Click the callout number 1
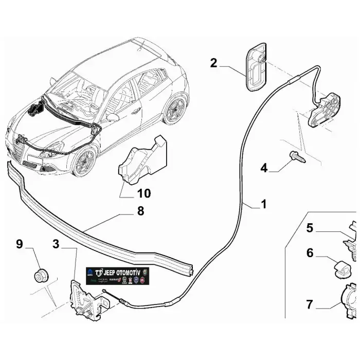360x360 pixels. [x=263, y=204]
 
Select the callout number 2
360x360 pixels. [x=214, y=63]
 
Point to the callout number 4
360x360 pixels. [x=264, y=168]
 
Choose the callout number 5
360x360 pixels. [x=310, y=227]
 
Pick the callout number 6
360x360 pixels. [x=310, y=253]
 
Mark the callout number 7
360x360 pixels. [x=310, y=304]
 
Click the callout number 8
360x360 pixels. [x=140, y=211]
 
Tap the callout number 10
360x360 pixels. [x=144, y=193]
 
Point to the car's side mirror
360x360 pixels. [x=113, y=117]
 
